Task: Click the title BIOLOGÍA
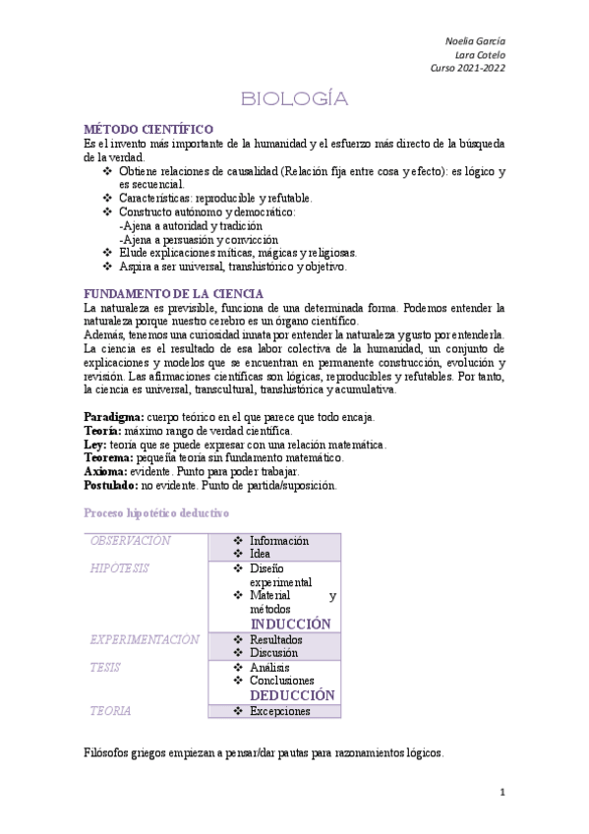[295, 99]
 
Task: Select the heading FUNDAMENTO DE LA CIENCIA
[174, 294]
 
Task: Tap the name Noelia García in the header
[476, 40]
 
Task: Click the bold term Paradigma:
[114, 417]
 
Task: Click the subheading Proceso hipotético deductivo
[156, 513]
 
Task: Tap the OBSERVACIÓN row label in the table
[130, 541]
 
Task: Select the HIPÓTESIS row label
[120, 568]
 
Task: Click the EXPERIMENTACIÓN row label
[145, 639]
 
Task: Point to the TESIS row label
[105, 667]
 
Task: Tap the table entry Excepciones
[279, 711]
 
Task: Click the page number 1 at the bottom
[501, 792]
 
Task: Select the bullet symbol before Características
[108, 198]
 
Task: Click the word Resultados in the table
[276, 639]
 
